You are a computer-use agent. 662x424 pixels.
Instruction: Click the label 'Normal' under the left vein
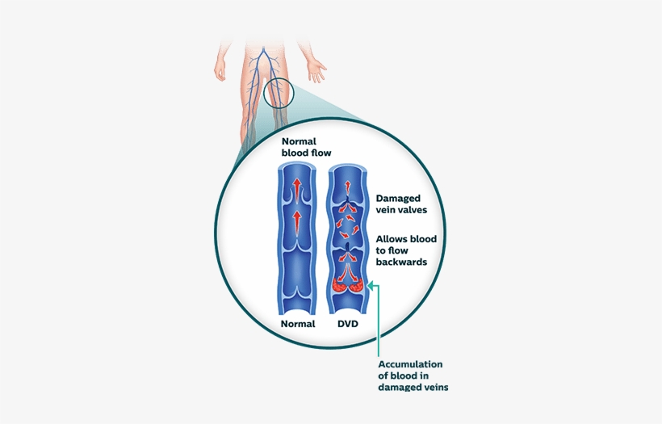pyautogui.click(x=297, y=324)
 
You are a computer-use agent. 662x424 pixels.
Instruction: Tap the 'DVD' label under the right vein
pyautogui.click(x=348, y=324)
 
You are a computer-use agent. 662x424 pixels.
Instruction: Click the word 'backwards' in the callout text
pyautogui.click(x=401, y=262)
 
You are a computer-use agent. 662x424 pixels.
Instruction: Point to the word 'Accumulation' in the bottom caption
pyautogui.click(x=410, y=364)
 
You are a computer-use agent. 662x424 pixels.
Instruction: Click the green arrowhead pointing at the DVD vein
pyautogui.click(x=371, y=284)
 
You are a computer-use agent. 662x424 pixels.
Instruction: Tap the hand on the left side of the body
pyautogui.click(x=219, y=69)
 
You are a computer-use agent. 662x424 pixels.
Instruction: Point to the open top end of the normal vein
pyautogui.click(x=297, y=167)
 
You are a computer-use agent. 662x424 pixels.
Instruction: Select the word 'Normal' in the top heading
pyautogui.click(x=298, y=141)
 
